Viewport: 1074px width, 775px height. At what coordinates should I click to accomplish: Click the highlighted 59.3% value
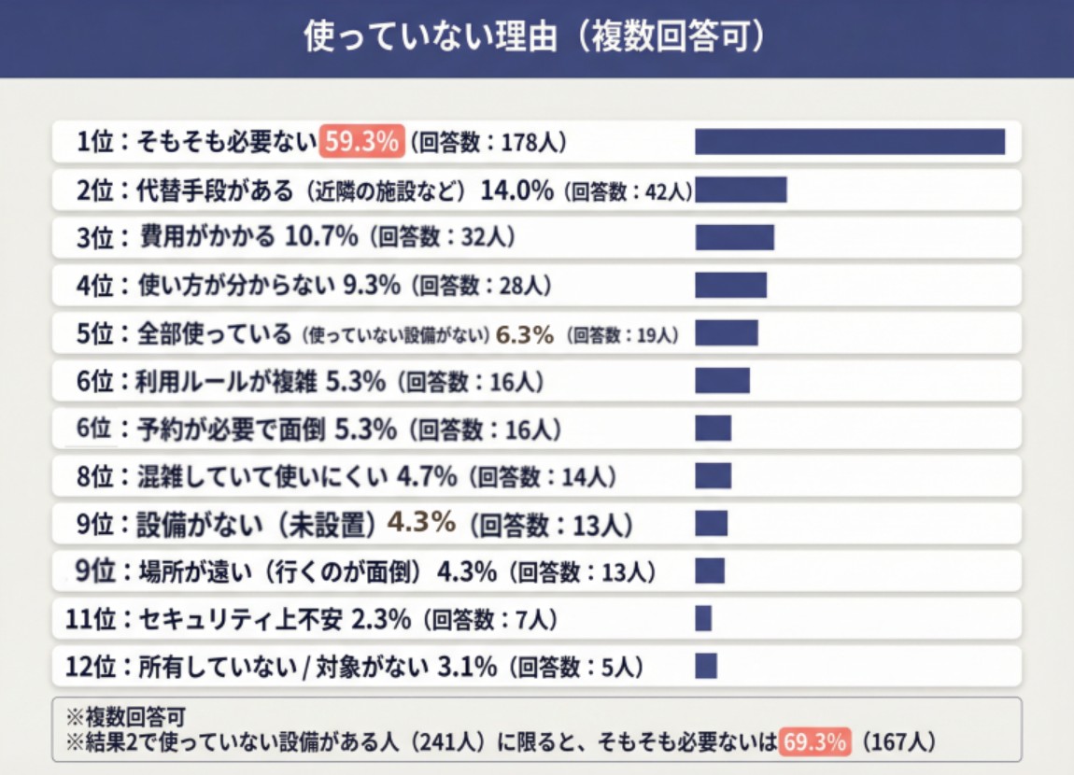361,142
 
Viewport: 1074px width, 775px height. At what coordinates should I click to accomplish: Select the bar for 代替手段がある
741,190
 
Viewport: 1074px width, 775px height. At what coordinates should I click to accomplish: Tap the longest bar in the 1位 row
849,142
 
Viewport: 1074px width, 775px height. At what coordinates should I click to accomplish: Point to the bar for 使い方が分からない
730,285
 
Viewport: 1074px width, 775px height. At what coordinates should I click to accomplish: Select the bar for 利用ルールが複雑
722,381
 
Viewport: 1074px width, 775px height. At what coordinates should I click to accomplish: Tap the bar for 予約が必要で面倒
713,429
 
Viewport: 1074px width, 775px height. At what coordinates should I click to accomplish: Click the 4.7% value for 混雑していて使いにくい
427,477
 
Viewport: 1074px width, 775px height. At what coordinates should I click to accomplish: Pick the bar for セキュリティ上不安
703,618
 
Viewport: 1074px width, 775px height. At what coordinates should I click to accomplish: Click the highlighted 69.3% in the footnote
816,742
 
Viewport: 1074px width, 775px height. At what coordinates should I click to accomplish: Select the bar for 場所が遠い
710,571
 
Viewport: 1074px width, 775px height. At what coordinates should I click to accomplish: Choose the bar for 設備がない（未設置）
711,523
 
